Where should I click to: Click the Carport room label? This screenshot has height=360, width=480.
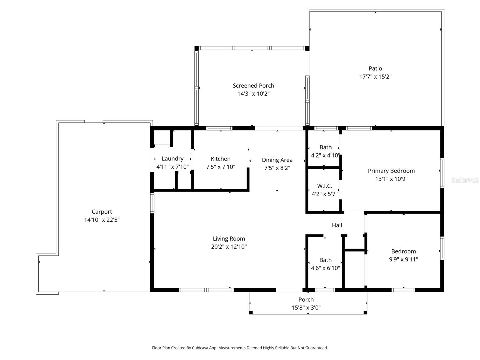point(102,212)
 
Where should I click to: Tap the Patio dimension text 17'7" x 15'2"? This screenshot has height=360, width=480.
point(375,76)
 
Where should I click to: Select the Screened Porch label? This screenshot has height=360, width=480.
point(253,85)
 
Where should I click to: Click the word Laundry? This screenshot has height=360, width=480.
point(172,159)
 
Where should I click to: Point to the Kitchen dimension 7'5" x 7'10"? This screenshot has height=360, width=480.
point(220,167)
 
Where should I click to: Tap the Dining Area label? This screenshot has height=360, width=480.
point(277,160)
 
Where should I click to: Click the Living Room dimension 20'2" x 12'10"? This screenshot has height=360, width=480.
point(229,247)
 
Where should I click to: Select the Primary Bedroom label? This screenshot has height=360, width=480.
point(391,171)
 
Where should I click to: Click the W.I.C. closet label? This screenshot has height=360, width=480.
point(325,186)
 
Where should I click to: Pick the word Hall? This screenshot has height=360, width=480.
point(337,225)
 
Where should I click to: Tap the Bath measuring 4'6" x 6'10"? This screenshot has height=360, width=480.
point(325,260)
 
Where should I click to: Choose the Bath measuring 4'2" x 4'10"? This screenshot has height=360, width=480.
point(325,147)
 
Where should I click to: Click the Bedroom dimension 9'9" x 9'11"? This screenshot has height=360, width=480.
point(403,259)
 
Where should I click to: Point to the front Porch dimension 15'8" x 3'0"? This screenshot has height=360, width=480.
point(306,307)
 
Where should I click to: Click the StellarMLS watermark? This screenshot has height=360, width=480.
point(465,180)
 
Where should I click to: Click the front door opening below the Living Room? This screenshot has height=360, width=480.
point(289,290)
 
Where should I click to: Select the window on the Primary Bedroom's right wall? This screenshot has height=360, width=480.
point(442,173)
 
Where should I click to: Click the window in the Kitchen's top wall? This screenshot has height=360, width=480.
point(219,128)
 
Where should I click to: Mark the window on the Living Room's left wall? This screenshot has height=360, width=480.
point(152,203)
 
